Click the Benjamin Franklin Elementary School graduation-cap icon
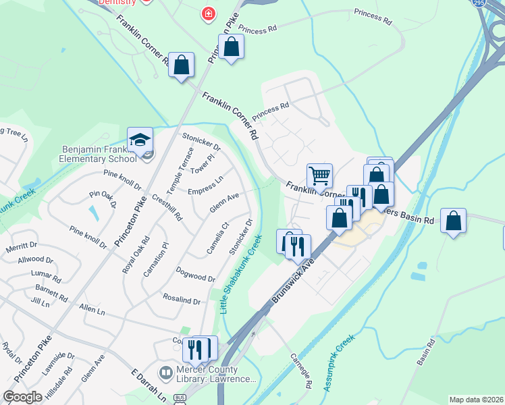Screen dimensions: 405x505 tap(140, 140)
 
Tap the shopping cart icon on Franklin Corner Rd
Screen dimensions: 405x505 tap(320, 175)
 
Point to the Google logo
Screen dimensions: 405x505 tap(22, 397)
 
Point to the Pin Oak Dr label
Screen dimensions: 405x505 tap(103, 198)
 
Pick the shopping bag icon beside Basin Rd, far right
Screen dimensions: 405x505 tap(454, 220)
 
